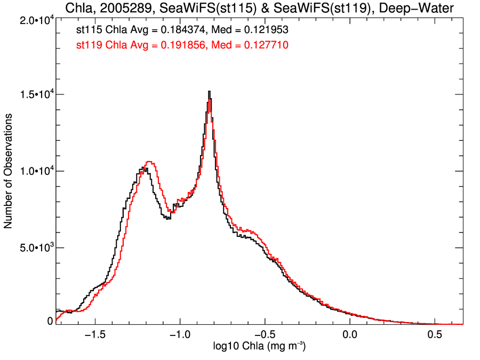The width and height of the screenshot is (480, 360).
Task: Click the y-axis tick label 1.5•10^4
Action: (33, 94)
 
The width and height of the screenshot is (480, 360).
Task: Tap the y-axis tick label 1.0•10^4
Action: (33, 171)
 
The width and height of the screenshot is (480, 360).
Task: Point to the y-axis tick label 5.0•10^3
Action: (33, 248)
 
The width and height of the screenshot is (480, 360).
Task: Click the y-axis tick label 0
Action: (50, 321)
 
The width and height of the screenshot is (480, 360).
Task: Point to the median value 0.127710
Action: (265, 45)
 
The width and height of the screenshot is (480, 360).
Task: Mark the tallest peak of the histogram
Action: (209, 92)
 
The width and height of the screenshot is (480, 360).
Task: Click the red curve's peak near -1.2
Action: (149, 162)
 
